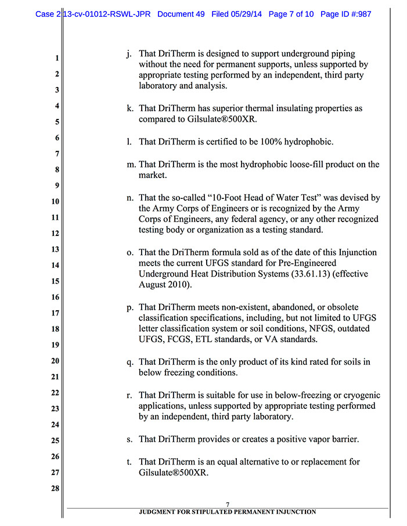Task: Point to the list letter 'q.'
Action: pos(130,362)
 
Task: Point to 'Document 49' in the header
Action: pos(181,14)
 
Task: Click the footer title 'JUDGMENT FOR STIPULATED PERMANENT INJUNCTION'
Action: pos(228,512)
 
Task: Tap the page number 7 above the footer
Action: pos(228,504)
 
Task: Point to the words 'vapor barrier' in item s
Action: pos(333,440)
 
